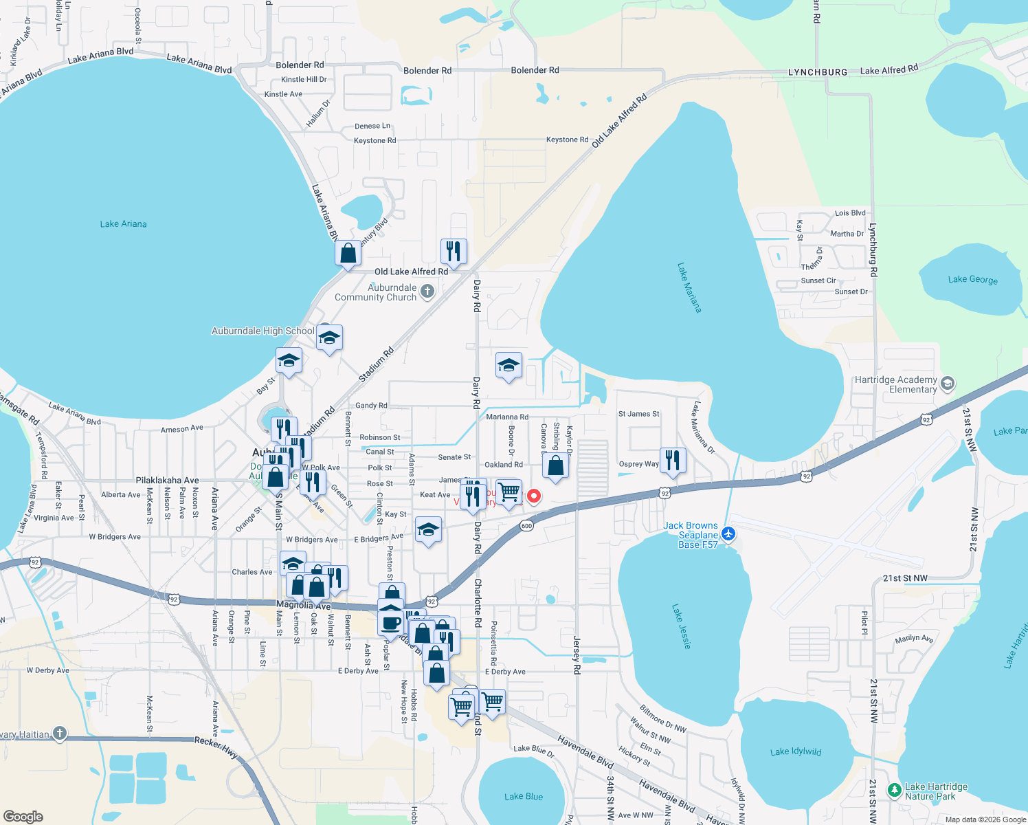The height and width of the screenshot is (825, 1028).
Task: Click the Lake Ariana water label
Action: coord(123,224)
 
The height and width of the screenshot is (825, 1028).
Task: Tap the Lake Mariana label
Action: coord(689,287)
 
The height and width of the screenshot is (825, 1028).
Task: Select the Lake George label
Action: coord(972,279)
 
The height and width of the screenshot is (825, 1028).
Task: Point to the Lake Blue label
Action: coord(523,797)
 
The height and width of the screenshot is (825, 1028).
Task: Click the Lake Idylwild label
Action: coord(796,751)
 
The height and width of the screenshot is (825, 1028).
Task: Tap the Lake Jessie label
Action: coord(681,626)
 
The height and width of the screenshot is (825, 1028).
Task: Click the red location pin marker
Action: coord(533,496)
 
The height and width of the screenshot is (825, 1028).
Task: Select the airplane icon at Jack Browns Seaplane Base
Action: coord(728,534)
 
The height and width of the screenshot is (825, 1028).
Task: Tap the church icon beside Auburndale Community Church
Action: coord(427,291)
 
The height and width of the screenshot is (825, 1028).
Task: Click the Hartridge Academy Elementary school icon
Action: coord(948,383)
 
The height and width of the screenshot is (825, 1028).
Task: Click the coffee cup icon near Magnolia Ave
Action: coord(391,623)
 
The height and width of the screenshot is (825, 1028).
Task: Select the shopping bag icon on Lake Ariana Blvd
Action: coord(348,253)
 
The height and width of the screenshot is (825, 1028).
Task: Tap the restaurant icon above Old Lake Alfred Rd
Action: coord(454,251)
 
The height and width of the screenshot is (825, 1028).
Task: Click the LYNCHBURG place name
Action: coord(818,72)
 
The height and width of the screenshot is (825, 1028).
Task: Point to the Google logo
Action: coord(23,817)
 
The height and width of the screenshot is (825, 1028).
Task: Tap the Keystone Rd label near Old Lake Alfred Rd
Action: coord(567,140)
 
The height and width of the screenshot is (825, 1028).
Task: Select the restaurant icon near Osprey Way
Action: coord(673,460)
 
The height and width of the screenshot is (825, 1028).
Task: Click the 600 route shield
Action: coord(526,526)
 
